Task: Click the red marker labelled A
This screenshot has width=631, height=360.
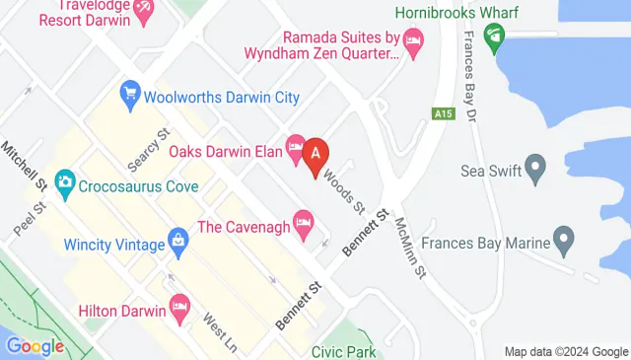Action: click(316, 155)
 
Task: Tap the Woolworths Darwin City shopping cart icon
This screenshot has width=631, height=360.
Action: click(129, 96)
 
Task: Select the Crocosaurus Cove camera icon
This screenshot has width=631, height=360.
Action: click(65, 181)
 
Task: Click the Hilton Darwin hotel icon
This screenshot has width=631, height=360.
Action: click(178, 308)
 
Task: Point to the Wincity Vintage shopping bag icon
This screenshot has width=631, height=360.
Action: click(178, 239)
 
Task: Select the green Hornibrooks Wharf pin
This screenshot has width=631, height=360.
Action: click(494, 36)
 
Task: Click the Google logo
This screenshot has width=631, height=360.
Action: click(34, 346)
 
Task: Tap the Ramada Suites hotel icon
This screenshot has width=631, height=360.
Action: click(412, 39)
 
